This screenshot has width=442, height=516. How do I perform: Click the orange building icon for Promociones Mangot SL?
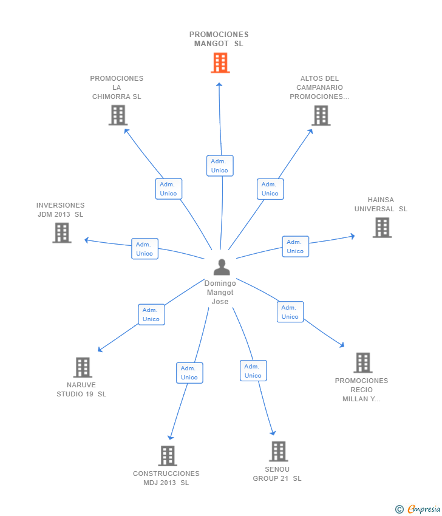220,63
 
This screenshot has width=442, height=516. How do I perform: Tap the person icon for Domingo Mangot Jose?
222,267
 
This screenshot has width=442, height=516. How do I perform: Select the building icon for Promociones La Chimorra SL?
118,115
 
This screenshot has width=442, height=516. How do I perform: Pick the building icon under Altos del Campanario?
321,115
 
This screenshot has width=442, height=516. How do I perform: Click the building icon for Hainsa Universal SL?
382,227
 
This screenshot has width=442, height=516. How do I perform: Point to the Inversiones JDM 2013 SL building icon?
61,233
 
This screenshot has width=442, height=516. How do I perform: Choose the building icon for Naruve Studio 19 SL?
83,367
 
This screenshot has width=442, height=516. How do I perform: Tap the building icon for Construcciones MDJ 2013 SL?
167,455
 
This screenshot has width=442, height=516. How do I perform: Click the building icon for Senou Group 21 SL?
278,451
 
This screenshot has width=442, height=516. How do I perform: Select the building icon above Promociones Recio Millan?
362,362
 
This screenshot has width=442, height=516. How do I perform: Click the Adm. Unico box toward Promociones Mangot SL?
220,166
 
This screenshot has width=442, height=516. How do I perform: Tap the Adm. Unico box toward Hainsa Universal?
295,246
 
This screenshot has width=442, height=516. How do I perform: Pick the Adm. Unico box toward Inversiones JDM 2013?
144,249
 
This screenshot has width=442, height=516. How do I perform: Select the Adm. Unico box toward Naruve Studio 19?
151,314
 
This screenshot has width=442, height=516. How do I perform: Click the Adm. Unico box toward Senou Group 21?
253,371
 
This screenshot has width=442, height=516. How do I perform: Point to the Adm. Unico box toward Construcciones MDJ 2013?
189,373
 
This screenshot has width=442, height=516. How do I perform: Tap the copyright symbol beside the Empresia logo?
399,509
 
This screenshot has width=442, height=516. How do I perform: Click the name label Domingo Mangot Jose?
220,293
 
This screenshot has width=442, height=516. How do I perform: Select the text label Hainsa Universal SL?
381,205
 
